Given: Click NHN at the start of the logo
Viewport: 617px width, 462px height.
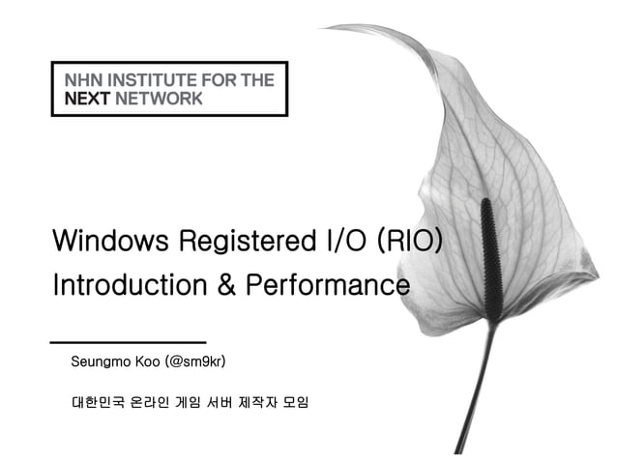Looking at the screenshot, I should (80, 80).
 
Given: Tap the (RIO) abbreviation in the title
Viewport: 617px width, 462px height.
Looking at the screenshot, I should (410, 241).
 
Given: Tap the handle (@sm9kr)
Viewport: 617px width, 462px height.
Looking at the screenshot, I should (195, 363).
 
